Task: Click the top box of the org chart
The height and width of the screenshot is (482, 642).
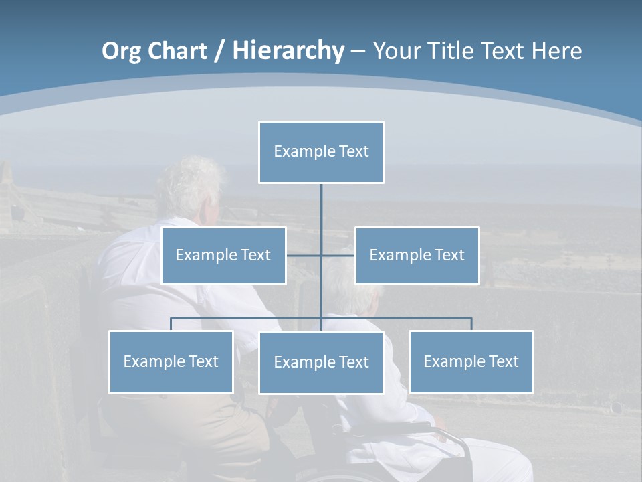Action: pos(321,152)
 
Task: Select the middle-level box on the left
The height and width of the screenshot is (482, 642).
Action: pos(223,255)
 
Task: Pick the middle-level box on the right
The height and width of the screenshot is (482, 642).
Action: pos(417,255)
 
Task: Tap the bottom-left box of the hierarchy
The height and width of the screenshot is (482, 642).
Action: pos(171,361)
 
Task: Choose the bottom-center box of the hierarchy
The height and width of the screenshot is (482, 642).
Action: pos(321,362)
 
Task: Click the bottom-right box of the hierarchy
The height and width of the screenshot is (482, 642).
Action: pos(471,361)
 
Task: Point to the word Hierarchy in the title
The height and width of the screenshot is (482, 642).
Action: pos(288,51)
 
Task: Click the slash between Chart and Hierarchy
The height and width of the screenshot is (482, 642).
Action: pos(219,52)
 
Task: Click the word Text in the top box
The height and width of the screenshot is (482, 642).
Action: pos(354,151)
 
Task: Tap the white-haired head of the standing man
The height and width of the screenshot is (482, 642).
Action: pos(191,184)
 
